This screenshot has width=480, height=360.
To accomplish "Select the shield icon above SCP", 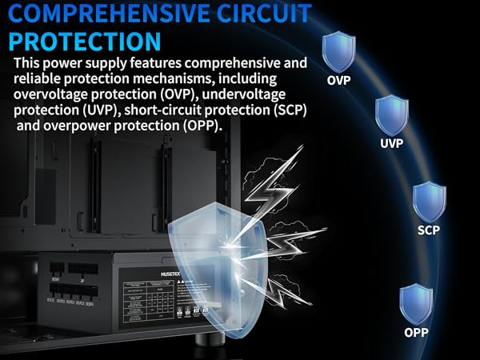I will (x=428, y=202).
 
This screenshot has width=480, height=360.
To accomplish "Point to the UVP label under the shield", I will (x=391, y=144).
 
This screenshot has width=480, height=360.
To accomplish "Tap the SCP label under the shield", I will (x=428, y=230).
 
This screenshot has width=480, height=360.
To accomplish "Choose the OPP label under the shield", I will (x=415, y=331).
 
